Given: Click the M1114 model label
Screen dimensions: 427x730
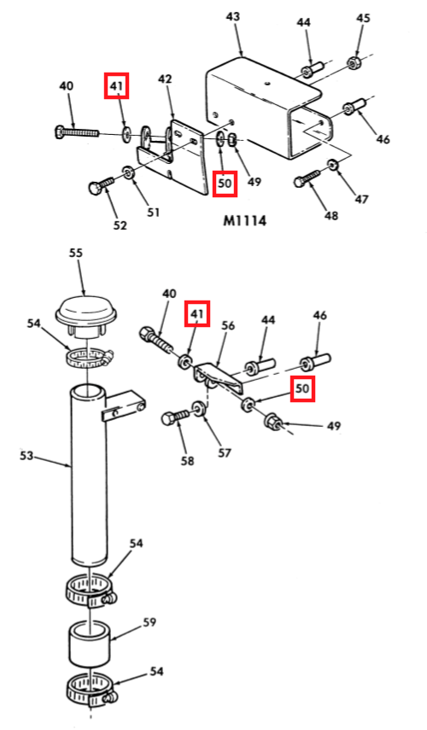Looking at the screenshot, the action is (244, 220).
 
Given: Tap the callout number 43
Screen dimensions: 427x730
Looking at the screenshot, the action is (233, 17).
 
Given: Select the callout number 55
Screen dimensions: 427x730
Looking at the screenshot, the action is (76, 253).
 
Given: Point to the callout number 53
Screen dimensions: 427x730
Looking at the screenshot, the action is (26, 455).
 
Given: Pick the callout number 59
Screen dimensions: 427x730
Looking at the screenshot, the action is (149, 622).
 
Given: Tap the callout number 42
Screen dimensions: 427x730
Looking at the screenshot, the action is (165, 79).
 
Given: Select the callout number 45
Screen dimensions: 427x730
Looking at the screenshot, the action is (363, 18).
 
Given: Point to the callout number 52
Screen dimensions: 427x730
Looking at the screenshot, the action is (120, 225).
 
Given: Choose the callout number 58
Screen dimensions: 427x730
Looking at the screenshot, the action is (188, 461).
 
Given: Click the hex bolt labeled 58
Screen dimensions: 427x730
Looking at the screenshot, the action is (175, 416).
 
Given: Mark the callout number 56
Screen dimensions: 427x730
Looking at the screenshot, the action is (228, 326).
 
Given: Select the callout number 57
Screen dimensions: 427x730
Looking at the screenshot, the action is (225, 453).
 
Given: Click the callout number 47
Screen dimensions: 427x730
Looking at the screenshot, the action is (361, 199).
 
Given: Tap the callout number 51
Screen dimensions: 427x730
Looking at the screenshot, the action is (153, 213).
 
